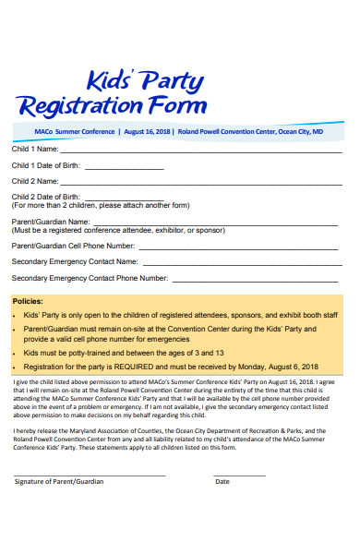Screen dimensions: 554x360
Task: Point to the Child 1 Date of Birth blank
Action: [x=124, y=168]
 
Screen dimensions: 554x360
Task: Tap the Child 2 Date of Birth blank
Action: [x=124, y=198]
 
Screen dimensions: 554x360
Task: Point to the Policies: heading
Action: [x=28, y=302]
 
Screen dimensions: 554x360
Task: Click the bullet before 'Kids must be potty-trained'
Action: [x=15, y=354]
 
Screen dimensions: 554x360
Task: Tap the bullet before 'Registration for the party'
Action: [x=15, y=367]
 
